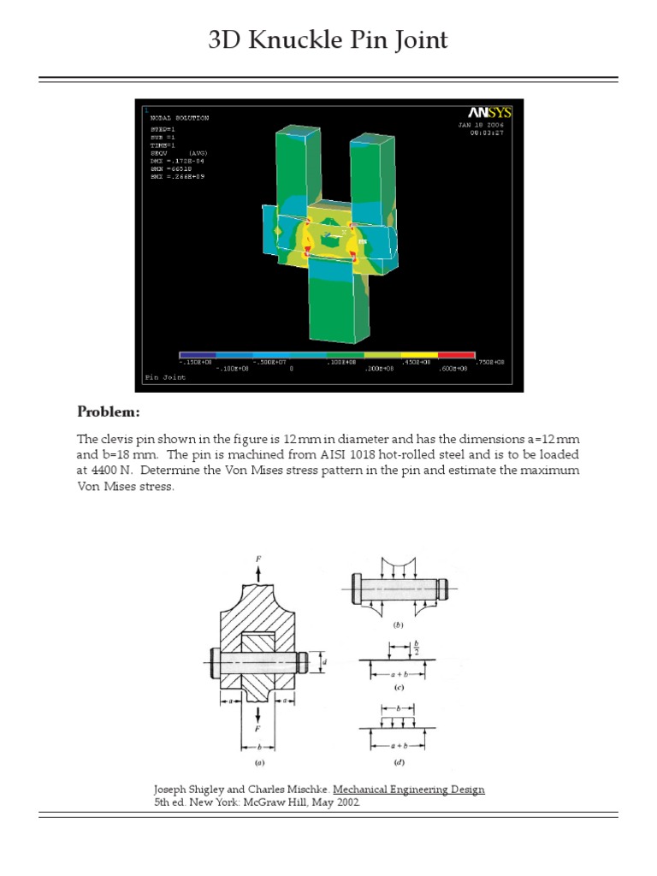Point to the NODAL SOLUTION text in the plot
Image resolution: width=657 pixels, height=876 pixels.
tap(180, 118)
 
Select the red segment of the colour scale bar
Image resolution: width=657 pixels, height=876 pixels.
tap(456, 355)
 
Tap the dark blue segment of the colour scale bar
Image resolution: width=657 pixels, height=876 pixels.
tap(198, 355)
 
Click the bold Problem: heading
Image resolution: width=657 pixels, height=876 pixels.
tap(109, 412)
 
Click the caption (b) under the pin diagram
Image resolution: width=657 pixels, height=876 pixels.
tap(398, 625)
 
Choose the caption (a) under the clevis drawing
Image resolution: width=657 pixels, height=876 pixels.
tap(257, 761)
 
